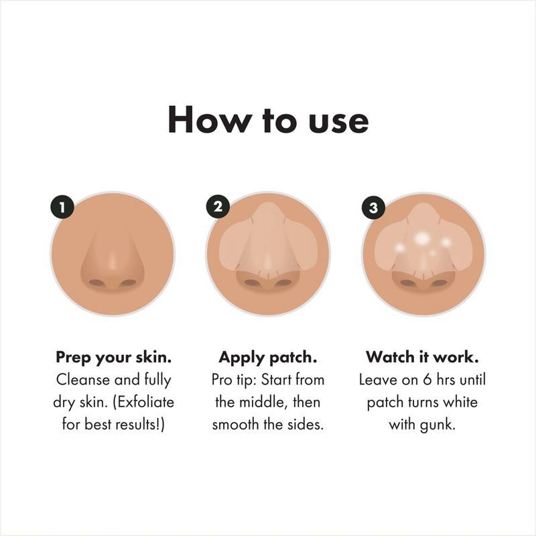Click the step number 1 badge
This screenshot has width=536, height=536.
coord(62,208)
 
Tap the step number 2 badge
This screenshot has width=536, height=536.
coord(218,208)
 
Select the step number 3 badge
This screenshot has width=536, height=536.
coord(373,208)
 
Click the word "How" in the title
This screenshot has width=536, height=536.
coord(204,119)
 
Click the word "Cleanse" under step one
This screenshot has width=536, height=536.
coord(80,380)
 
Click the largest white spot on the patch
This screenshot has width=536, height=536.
coord(423,238)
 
